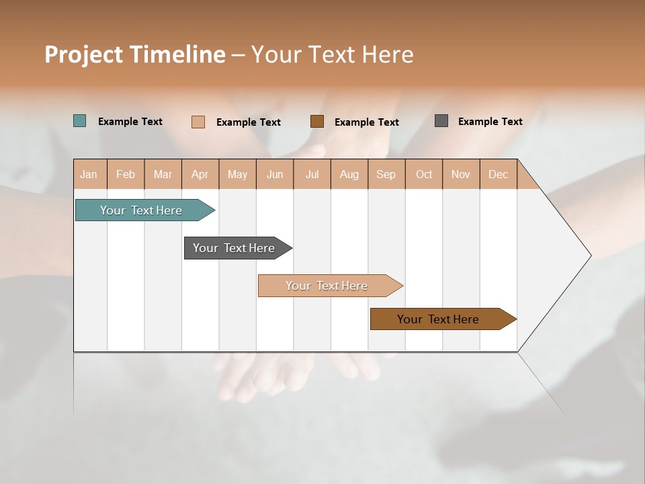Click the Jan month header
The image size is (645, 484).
(89, 174)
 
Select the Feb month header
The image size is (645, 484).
(126, 174)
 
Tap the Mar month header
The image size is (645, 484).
(163, 174)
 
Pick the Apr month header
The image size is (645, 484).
(200, 174)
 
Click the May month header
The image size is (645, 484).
(237, 174)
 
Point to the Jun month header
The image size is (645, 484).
(275, 174)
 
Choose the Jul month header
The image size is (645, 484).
(312, 174)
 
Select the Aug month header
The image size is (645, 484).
(349, 174)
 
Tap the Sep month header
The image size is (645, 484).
(386, 174)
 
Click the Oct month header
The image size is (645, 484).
(424, 174)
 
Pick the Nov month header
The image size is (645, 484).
(461, 174)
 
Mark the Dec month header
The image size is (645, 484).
(499, 174)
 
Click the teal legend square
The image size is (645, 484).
(80, 121)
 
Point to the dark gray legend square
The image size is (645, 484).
(441, 121)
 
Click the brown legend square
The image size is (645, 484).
(317, 121)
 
